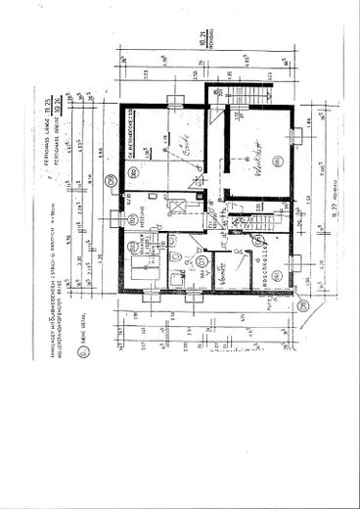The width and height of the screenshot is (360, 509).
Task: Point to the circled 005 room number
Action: (135, 174)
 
